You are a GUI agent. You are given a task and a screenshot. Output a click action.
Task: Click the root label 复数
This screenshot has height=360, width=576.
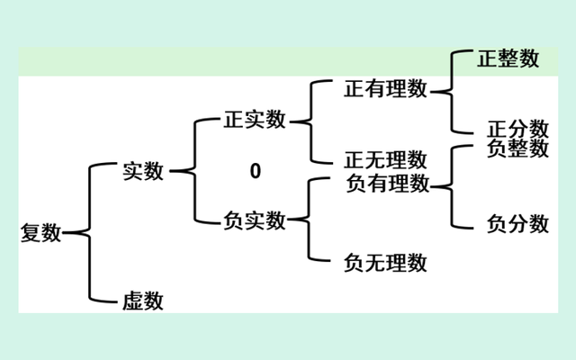40,233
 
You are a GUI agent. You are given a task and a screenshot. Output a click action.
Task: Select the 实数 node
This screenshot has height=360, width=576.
143,171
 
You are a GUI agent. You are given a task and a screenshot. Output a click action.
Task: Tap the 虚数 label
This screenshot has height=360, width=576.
143,301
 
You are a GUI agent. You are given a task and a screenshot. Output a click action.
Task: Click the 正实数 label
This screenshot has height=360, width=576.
255,120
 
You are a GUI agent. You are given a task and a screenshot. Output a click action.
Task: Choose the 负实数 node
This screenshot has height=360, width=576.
255,220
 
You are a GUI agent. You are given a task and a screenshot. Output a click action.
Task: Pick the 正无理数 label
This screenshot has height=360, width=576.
385,160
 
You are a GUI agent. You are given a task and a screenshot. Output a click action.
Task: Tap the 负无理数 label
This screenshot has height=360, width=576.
385,263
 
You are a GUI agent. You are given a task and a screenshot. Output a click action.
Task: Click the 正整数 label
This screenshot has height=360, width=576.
508,59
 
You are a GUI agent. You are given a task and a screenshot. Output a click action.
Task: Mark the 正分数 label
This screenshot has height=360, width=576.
517,128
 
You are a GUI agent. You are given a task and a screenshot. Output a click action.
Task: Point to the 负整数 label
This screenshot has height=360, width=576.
517,148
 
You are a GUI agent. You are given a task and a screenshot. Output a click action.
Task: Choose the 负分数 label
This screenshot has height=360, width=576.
517,223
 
